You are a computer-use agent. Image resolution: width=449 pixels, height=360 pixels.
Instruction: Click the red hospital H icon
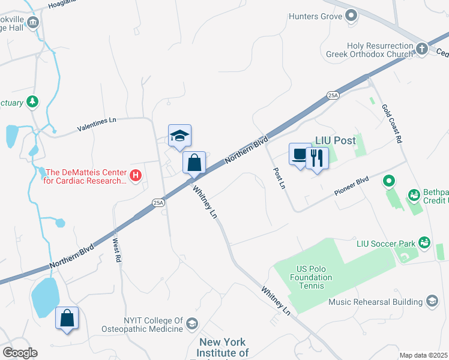[x=136, y=176]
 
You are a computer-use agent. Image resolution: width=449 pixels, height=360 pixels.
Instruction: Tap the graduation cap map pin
[x=179, y=136]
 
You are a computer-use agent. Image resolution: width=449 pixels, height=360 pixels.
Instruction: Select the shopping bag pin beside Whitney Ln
[x=194, y=163]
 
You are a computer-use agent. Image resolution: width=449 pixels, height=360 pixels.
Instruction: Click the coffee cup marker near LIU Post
[x=300, y=155]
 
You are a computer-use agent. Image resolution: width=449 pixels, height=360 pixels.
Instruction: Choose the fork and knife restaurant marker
[x=317, y=158]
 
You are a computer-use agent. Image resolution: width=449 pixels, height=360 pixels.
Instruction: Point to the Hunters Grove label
[x=315, y=16]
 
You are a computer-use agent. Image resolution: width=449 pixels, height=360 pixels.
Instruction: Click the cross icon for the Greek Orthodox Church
[x=423, y=48]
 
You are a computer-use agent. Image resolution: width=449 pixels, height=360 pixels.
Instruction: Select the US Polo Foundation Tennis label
[x=310, y=277]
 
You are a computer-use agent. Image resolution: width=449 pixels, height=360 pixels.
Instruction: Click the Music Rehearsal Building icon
[x=431, y=301]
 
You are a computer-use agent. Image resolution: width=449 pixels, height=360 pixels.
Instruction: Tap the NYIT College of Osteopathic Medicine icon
[x=191, y=324]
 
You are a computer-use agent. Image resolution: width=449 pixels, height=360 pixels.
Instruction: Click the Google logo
[x=20, y=353]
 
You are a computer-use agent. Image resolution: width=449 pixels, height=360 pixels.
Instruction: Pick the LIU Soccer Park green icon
[x=424, y=243]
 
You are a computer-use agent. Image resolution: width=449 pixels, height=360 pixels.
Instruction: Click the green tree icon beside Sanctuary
[x=33, y=103]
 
